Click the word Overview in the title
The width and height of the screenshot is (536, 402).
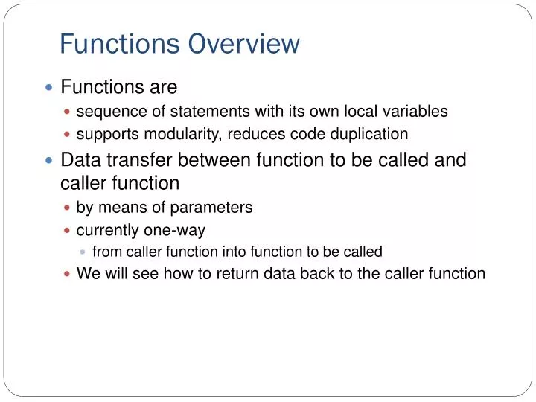(x=243, y=45)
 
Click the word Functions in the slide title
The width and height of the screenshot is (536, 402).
(x=119, y=45)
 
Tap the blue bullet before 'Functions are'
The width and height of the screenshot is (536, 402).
(x=49, y=88)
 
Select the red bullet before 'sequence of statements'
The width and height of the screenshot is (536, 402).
(x=68, y=112)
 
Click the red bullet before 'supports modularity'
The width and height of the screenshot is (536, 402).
(x=68, y=135)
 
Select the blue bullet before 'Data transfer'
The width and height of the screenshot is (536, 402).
(x=49, y=160)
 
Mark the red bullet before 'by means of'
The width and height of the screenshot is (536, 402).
(x=68, y=208)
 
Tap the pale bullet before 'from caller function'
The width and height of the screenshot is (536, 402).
(x=83, y=252)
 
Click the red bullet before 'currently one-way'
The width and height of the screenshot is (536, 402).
(x=68, y=230)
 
